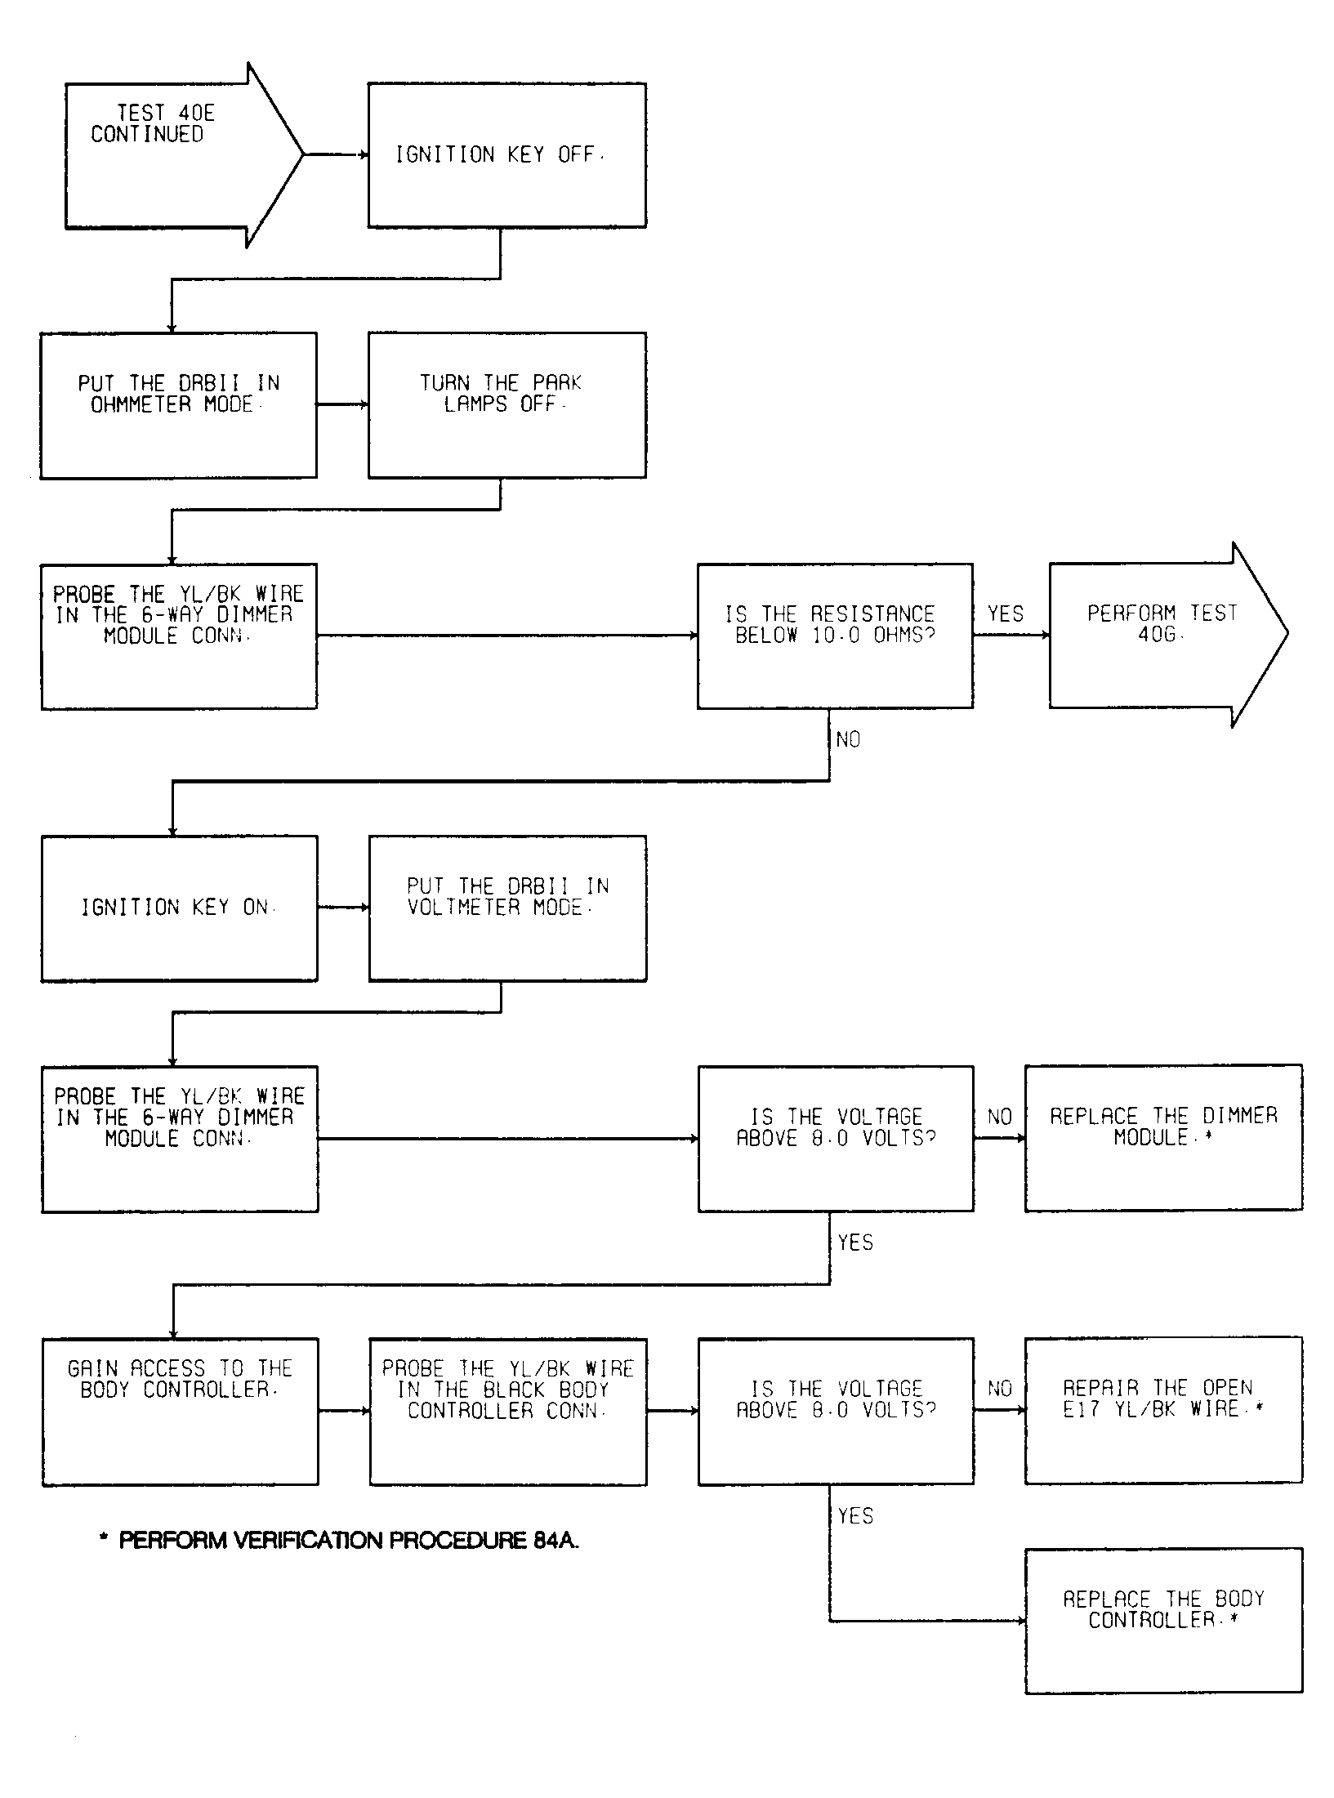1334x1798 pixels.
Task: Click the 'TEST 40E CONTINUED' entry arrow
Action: coord(184,155)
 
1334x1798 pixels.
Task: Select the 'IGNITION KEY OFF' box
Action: coord(506,155)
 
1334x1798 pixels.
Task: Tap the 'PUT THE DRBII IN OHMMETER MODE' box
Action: coord(179,405)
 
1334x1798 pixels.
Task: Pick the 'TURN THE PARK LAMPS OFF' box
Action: coord(506,405)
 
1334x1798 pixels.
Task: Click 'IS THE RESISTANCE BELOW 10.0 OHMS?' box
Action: coord(835,636)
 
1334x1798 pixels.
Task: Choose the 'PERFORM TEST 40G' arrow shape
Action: coord(1168,635)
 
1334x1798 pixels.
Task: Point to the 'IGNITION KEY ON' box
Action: coord(180,908)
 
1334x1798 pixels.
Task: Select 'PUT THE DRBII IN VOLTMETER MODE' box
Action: coord(507,908)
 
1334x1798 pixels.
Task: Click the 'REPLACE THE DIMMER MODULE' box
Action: coord(1163,1137)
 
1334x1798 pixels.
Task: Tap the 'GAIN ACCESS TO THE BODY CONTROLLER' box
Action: coord(181,1411)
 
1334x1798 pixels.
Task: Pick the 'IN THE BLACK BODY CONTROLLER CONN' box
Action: coord(508,1411)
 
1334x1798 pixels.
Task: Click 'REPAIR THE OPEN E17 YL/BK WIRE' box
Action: coord(1163,1409)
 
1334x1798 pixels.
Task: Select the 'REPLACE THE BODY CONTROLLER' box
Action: coord(1163,1620)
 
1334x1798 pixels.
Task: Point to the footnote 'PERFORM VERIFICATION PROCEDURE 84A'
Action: coord(339,1541)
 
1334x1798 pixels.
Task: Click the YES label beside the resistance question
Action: coord(1006,613)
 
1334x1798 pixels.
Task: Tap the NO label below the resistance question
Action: coord(849,739)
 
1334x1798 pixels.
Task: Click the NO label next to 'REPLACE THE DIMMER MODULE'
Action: coord(1000,1117)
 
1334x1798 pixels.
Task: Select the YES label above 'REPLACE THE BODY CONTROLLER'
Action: coord(856,1516)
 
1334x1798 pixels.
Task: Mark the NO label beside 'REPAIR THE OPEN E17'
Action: coord(1000,1389)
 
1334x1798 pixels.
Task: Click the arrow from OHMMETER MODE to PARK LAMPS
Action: coord(343,404)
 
